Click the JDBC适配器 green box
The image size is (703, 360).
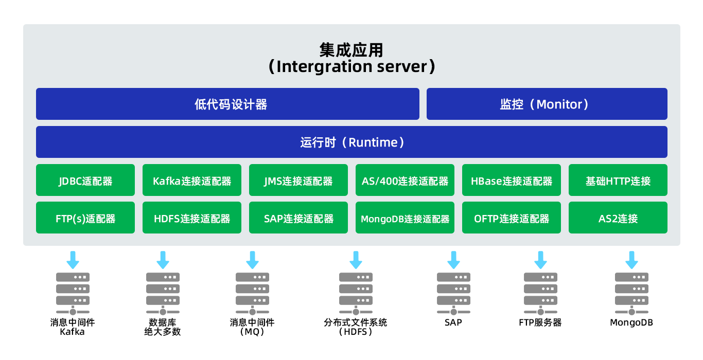click(85, 180)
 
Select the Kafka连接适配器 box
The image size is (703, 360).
click(192, 180)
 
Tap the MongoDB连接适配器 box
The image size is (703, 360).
click(405, 218)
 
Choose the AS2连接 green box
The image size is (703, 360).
click(618, 218)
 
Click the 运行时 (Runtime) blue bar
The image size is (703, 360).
click(351, 142)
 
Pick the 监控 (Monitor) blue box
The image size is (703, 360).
click(547, 104)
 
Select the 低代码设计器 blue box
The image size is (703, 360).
click(227, 104)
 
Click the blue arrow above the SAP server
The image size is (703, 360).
click(453, 260)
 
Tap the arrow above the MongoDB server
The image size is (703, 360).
click(631, 260)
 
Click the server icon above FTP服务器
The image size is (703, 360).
click(540, 294)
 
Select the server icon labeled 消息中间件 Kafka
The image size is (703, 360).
click(73, 294)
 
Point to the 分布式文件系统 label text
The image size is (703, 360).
click(355, 322)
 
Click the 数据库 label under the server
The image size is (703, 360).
click(163, 322)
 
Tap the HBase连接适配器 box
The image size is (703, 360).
click(511, 180)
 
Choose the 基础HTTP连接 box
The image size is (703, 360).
click(618, 180)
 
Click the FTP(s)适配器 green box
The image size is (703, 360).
click(85, 218)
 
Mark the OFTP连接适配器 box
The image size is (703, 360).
click(511, 218)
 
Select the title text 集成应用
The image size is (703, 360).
click(351, 50)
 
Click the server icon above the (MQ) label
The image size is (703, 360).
click(252, 294)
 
